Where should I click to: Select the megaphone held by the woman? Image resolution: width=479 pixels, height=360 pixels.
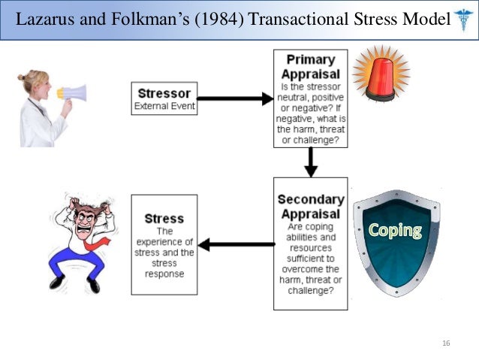(x=72, y=93)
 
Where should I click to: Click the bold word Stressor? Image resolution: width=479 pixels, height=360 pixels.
(x=164, y=95)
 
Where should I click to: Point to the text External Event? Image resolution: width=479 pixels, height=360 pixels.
(x=164, y=106)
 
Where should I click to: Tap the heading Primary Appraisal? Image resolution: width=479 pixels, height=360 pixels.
(x=310, y=66)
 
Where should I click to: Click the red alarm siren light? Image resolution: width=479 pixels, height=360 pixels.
(x=381, y=74)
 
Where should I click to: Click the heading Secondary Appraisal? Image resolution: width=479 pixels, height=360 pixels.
(x=310, y=206)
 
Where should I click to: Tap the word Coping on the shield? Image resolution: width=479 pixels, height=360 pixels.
(x=394, y=230)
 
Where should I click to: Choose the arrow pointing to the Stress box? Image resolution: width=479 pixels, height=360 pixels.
(x=236, y=244)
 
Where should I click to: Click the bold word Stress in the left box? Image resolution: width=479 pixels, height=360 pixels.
(x=164, y=219)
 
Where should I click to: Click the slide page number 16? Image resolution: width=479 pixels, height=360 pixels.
(x=446, y=343)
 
